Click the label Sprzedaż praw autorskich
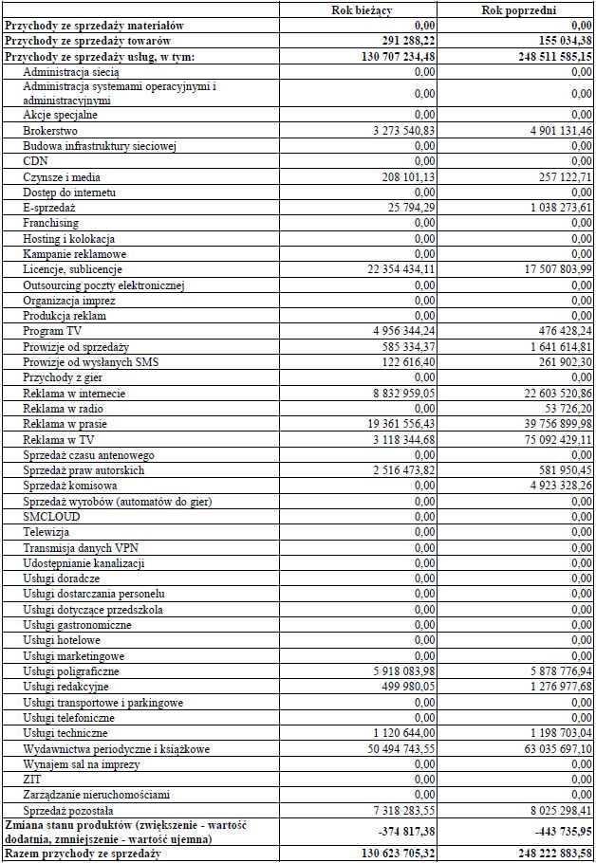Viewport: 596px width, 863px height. click(84, 470)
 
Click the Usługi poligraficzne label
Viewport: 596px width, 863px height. click(72, 671)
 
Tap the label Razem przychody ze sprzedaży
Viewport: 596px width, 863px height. click(83, 855)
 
